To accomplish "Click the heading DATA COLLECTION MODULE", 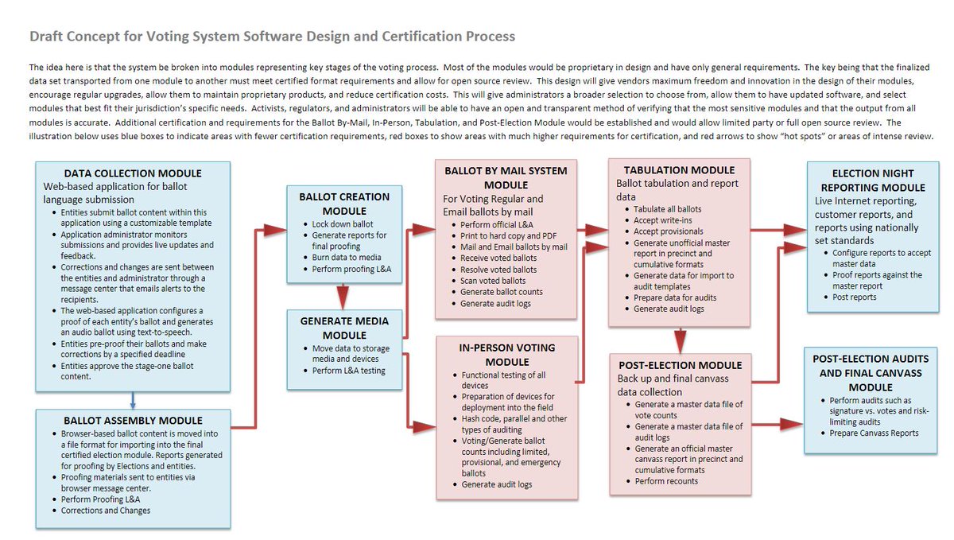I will pos(133,173).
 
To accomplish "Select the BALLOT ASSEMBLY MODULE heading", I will pos(133,420).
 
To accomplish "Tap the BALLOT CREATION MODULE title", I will pos(344,204).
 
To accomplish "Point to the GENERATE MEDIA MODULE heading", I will pos(344,328).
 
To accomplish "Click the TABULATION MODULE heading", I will pos(679,169).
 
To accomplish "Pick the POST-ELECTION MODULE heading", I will pos(679,365).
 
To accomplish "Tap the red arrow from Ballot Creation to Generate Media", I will pos(344,296).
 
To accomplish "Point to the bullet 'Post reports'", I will pos(855,297).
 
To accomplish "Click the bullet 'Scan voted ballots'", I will pos(493,281).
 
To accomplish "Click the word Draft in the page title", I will pos(47,37).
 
